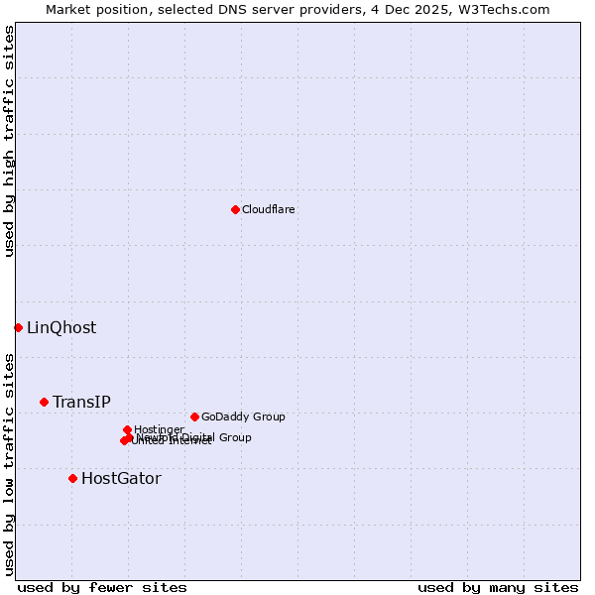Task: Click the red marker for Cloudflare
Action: click(235, 209)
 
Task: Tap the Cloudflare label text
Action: click(269, 210)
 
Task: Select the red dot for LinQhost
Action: click(18, 327)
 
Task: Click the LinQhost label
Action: click(61, 328)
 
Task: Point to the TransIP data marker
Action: click(44, 402)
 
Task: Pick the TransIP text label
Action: click(81, 403)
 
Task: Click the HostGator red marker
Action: click(72, 478)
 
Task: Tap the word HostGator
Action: click(121, 479)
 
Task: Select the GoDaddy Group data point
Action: click(194, 416)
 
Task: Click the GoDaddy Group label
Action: click(243, 417)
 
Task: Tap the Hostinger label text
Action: click(159, 429)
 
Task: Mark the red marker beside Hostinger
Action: click(127, 429)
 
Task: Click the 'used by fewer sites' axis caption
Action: click(102, 587)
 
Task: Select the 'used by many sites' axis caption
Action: click(498, 587)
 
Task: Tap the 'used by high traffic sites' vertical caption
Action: click(10, 141)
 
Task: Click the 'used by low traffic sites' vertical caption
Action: click(10, 463)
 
